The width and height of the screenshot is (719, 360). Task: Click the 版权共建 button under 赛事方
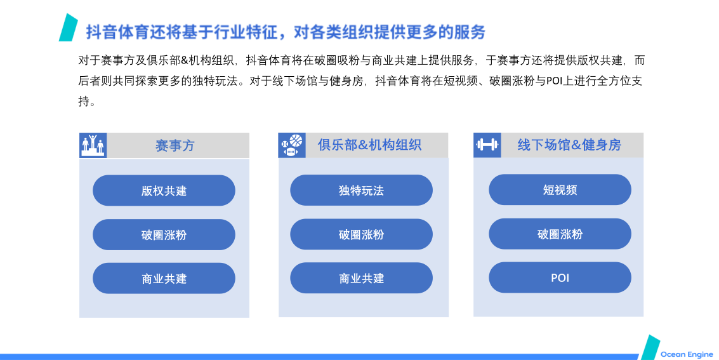[x=164, y=190]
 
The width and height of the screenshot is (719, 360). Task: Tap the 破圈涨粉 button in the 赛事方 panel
[x=164, y=234]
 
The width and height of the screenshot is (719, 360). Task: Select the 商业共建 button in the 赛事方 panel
[x=164, y=278]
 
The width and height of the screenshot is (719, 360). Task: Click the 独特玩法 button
[x=361, y=190]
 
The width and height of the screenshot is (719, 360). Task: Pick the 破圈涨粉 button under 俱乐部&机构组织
[x=361, y=234]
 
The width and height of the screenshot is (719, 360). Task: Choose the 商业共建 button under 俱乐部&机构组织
[x=361, y=278]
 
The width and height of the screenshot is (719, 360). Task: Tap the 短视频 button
[x=560, y=189]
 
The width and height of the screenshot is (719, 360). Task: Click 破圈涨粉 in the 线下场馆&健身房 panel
[x=560, y=234]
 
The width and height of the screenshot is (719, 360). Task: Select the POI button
[x=560, y=277]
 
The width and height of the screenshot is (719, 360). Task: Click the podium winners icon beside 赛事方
[x=93, y=145]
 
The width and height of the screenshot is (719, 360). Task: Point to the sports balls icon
[x=292, y=145]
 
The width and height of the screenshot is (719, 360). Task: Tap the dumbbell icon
[x=487, y=145]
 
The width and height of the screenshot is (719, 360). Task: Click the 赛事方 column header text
[x=175, y=146]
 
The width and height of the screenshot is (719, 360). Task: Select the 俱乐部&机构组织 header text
[x=369, y=145]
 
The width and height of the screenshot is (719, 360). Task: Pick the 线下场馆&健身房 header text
[x=569, y=145]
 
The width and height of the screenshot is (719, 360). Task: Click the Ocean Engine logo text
[x=687, y=354]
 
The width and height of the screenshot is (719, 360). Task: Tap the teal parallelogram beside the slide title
[x=69, y=27]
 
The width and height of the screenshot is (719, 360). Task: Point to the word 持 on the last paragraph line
[x=84, y=101]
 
